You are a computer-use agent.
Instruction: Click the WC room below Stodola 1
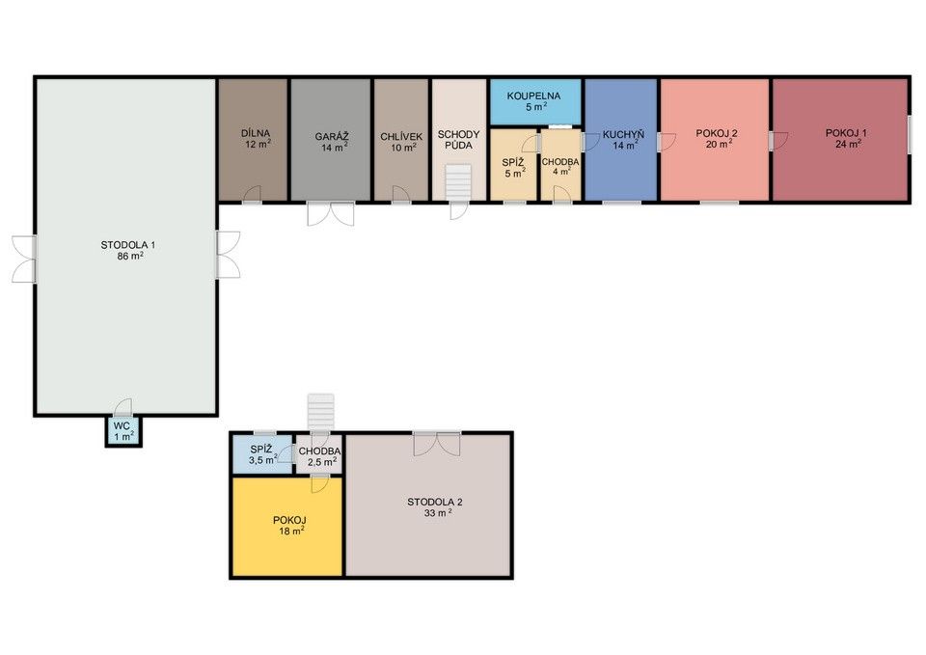(x=123, y=431)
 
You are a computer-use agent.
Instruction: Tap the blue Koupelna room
(x=535, y=102)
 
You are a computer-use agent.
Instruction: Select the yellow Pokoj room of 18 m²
(x=287, y=526)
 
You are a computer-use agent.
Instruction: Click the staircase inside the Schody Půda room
(x=457, y=182)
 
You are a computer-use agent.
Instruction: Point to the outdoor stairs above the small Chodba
(x=320, y=412)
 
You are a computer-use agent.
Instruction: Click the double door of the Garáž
(x=331, y=213)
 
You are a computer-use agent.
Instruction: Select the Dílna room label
(x=256, y=133)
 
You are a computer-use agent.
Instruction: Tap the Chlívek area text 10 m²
(x=403, y=147)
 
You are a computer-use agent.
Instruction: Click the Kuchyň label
(x=623, y=135)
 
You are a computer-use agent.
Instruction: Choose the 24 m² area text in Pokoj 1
(x=848, y=144)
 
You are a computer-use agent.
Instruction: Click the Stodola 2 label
(x=435, y=502)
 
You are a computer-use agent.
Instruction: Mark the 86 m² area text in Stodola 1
(x=130, y=256)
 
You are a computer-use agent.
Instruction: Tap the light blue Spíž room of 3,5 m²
(x=262, y=453)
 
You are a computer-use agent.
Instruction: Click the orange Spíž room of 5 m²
(x=514, y=165)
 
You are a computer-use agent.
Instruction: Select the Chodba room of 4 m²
(x=561, y=165)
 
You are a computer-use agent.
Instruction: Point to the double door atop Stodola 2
(x=436, y=444)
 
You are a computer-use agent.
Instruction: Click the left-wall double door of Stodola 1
(x=24, y=259)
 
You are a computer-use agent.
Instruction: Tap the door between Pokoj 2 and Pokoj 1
(x=777, y=141)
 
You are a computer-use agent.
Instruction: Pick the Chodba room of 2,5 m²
(x=319, y=454)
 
